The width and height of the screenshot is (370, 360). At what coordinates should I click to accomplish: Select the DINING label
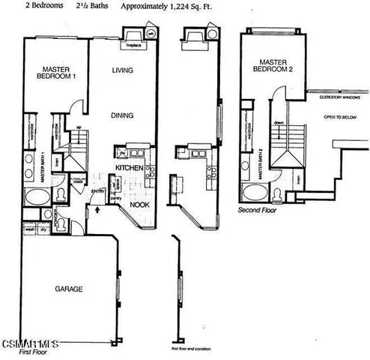pyautogui.click(x=123, y=115)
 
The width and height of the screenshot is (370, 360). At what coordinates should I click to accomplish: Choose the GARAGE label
pyautogui.click(x=68, y=289)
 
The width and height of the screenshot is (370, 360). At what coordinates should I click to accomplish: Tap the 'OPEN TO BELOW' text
pyautogui.click(x=339, y=118)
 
